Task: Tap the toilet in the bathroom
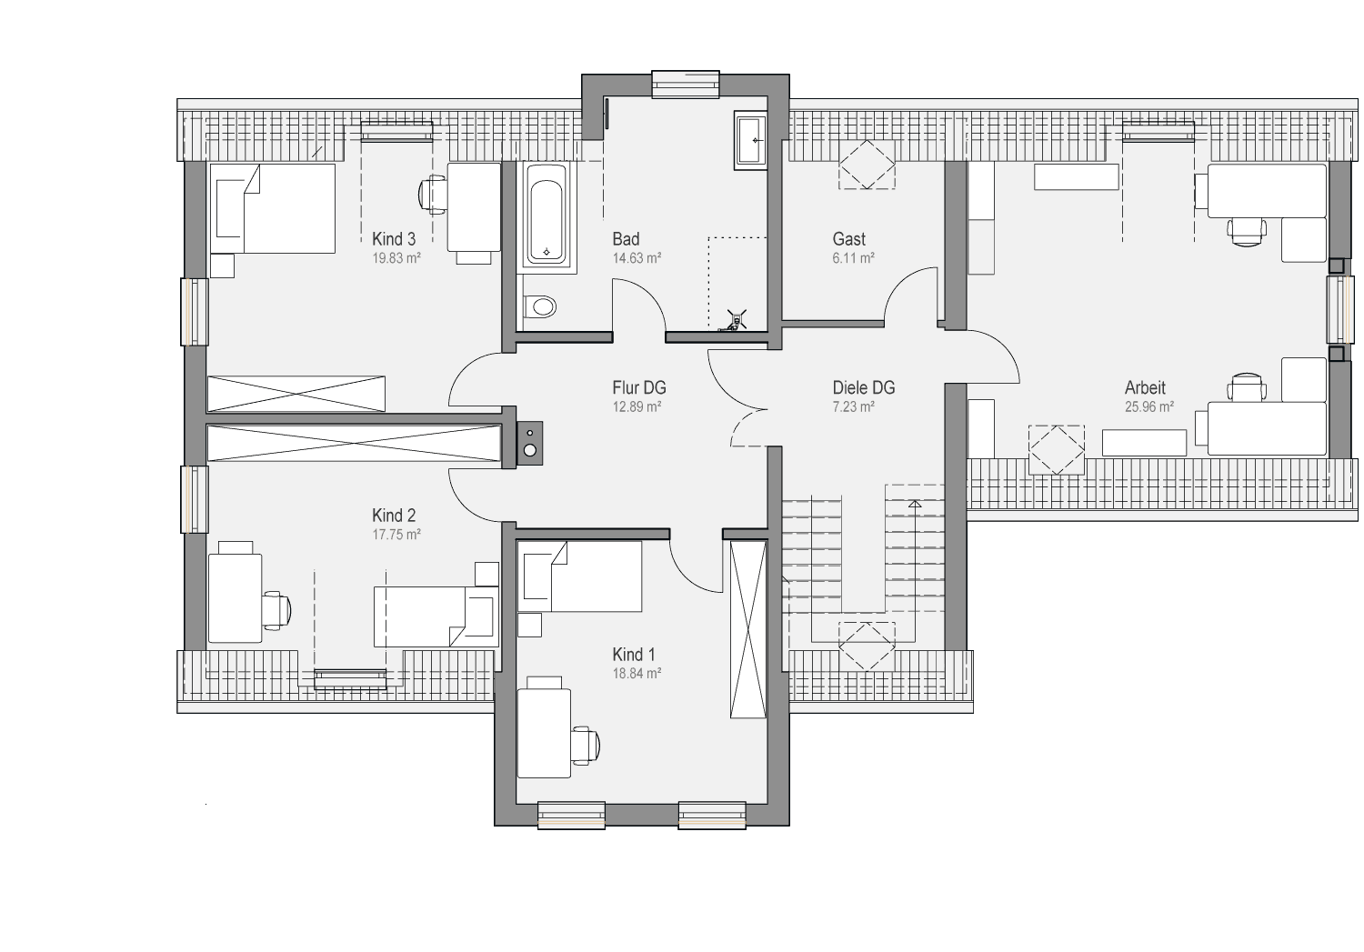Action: [x=540, y=306]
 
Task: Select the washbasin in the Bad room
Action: [x=750, y=141]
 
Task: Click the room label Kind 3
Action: [x=394, y=238]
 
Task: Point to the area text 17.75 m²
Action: [x=396, y=535]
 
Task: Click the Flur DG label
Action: [x=638, y=387]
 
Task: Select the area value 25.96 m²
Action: [x=1149, y=406]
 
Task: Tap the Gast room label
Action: [x=848, y=238]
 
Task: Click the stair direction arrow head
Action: [x=915, y=504]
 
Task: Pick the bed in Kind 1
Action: [x=579, y=576]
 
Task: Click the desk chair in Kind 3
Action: [x=432, y=195]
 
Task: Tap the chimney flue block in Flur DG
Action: [x=530, y=444]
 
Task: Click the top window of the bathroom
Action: [x=686, y=84]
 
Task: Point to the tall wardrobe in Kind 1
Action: [x=748, y=629]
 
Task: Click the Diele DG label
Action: [x=864, y=387]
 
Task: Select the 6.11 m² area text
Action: [x=853, y=258]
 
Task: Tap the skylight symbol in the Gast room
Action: [x=867, y=165]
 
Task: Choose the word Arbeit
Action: [x=1145, y=387]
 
